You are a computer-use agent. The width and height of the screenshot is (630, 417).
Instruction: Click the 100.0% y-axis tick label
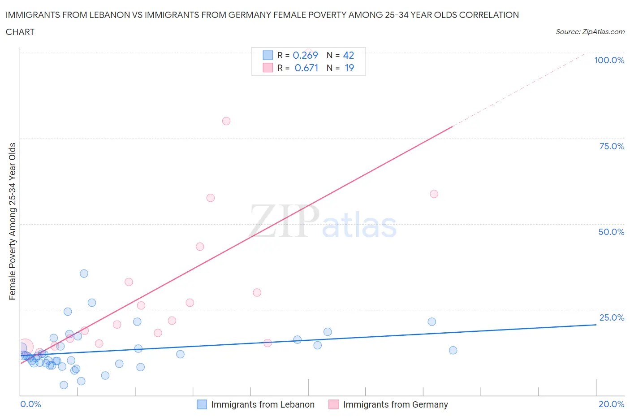click(609, 61)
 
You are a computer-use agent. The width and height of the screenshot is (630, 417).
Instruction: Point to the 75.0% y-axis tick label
click(612, 146)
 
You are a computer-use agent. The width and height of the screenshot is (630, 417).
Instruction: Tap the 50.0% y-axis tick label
click(611, 232)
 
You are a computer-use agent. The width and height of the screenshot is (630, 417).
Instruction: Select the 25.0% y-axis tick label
click(612, 317)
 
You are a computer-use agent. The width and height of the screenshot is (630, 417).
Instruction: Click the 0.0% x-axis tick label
click(30, 404)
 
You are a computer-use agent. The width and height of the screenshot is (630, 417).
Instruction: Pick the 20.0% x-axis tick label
click(611, 404)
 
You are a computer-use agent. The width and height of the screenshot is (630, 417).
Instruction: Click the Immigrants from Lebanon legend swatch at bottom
click(202, 404)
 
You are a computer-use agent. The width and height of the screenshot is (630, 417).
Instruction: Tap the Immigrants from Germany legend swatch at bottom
click(333, 404)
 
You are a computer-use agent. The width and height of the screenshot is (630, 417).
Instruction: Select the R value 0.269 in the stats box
click(305, 55)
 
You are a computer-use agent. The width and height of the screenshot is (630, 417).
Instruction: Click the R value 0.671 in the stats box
click(306, 68)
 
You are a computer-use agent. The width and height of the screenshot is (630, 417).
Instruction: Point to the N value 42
click(349, 55)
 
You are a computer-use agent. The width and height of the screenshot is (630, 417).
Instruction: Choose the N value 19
click(349, 68)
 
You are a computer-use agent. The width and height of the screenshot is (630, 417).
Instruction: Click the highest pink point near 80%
click(226, 121)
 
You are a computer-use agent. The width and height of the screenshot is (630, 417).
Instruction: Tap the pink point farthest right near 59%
click(434, 194)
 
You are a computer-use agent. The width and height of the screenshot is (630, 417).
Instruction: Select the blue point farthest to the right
click(453, 350)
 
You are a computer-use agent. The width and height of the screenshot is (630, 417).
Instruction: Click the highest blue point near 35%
click(84, 274)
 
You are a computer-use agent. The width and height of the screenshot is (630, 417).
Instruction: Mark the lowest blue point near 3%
click(64, 385)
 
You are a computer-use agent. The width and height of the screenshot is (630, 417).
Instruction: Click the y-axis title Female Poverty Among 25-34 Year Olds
click(12, 221)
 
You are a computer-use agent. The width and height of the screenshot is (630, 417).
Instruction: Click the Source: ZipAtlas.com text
click(590, 32)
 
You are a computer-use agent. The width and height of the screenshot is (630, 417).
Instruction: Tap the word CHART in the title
click(20, 32)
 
